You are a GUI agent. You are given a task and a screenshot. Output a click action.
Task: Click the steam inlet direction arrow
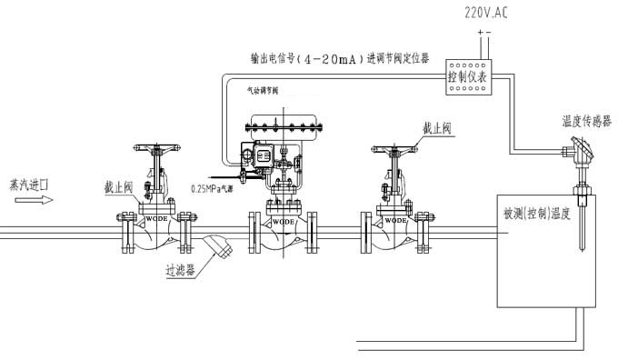pyautogui.click(x=28, y=202)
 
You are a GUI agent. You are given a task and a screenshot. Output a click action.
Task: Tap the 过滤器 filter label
pyautogui.click(x=181, y=269)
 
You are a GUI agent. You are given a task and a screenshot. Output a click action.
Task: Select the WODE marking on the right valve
pyautogui.click(x=395, y=220)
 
